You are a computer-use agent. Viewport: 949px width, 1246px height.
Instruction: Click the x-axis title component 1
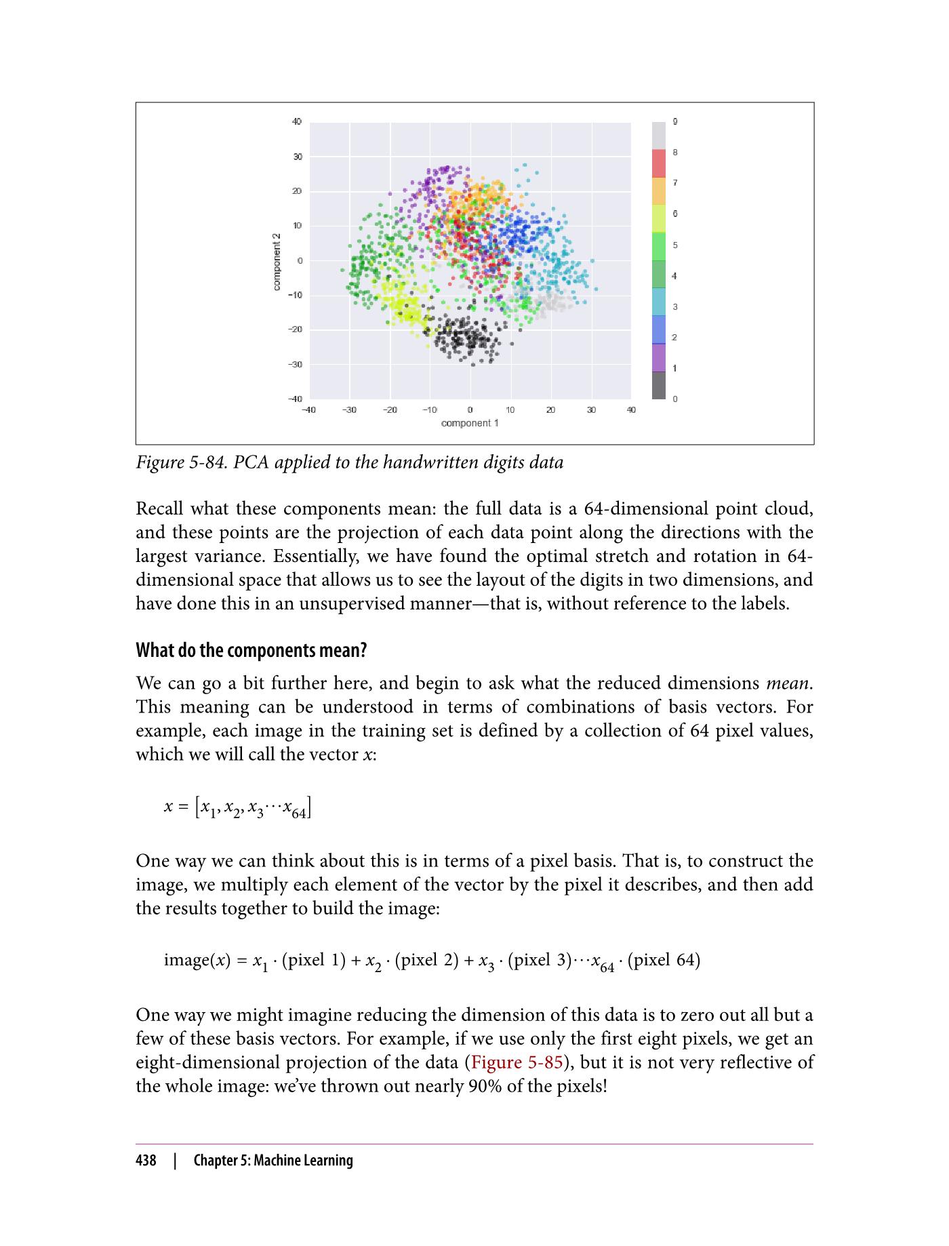tap(470, 423)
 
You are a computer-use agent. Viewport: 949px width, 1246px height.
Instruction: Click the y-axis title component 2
tap(277, 262)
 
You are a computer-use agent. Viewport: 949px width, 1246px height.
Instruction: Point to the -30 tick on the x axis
tap(349, 410)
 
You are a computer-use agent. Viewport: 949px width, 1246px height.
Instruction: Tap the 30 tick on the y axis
tap(297, 157)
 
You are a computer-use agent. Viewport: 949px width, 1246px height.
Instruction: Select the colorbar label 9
tap(675, 122)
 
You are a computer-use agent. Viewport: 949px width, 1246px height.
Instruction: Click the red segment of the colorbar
tap(658, 163)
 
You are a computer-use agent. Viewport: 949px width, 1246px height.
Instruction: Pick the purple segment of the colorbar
tap(658, 357)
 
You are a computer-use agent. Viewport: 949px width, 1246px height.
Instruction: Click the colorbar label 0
tap(675, 399)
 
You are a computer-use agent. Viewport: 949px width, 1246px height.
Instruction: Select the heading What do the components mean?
tap(251, 651)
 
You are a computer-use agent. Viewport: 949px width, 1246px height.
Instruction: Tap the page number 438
tap(146, 1161)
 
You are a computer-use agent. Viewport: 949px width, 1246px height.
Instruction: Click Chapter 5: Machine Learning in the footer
tap(273, 1161)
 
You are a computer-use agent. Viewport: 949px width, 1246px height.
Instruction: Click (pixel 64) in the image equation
tap(664, 961)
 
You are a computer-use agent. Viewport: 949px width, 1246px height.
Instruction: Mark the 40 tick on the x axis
tap(630, 410)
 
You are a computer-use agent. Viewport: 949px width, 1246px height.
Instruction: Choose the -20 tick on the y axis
tap(295, 329)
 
